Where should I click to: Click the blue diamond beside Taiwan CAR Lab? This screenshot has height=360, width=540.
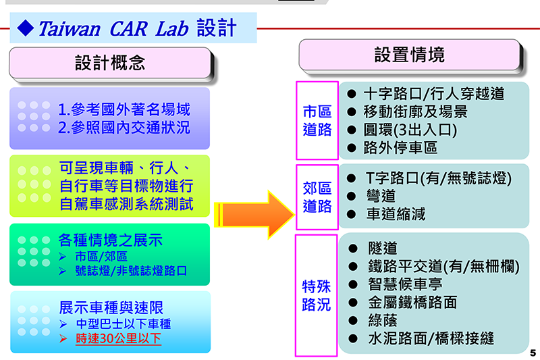[26, 28]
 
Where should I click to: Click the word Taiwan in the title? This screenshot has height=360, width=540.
[70, 28]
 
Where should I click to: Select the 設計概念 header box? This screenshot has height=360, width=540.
[110, 63]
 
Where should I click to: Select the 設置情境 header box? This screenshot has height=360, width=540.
[410, 55]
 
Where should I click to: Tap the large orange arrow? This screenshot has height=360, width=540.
[254, 215]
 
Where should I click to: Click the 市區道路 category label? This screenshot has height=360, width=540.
[317, 121]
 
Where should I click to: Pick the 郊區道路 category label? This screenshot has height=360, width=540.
[317, 197]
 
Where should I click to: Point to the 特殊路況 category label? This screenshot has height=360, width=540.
[316, 296]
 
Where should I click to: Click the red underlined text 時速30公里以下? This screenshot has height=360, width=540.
[119, 338]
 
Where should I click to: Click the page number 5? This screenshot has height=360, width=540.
[533, 353]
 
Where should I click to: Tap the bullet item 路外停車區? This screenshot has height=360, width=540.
[400, 148]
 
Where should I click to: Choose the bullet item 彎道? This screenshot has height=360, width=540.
[381, 196]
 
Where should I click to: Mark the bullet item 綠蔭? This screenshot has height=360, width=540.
[383, 320]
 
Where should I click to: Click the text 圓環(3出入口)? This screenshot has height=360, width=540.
[410, 130]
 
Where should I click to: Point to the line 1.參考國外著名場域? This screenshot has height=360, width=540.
[124, 109]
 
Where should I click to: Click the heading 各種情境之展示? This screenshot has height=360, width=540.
[110, 240]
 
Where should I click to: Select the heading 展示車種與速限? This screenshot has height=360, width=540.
[111, 307]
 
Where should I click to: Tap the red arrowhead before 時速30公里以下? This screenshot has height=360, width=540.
[63, 338]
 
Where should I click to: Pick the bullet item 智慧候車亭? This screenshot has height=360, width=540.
[405, 284]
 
